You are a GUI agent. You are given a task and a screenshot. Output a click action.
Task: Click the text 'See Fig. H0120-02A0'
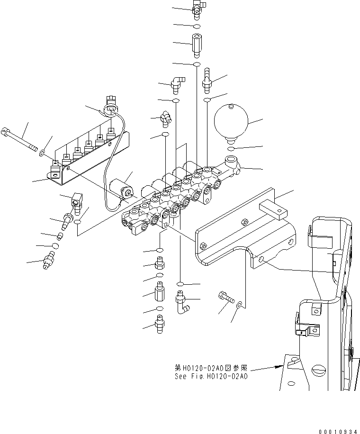(x=210, y=377)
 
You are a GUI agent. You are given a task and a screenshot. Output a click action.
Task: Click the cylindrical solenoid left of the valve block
(x=121, y=189)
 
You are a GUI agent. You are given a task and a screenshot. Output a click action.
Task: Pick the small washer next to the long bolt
(x=42, y=153)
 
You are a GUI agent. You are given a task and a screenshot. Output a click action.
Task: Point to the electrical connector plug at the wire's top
(x=111, y=105)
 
